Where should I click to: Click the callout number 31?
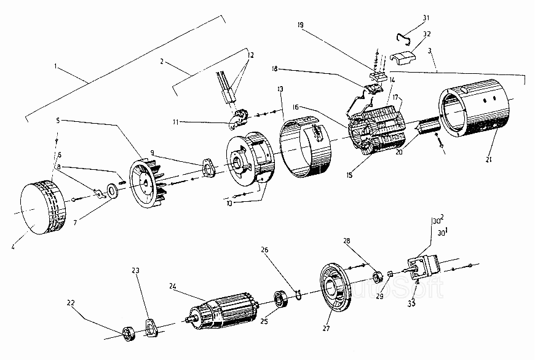tap(426, 18)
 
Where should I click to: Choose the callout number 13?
tap(280, 89)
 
